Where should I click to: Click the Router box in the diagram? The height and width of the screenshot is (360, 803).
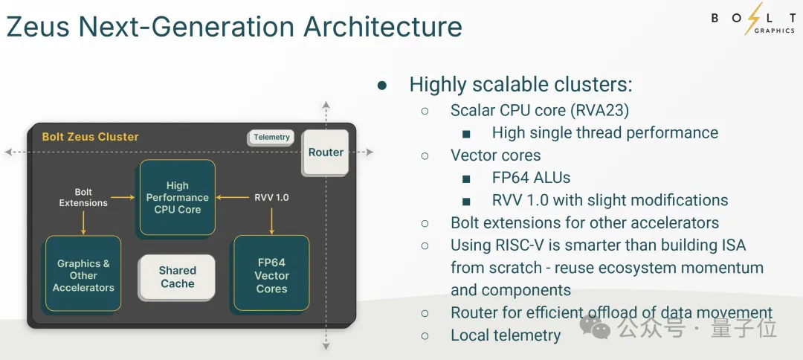coord(326,152)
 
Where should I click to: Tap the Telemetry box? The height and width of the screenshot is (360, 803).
coord(271,138)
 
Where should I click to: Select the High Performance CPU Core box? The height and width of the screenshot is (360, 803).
coord(177,197)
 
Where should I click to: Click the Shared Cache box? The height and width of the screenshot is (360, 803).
coord(177,277)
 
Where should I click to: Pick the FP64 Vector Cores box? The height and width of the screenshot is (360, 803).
coord(271,275)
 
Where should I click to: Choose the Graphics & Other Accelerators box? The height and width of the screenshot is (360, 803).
coord(83,275)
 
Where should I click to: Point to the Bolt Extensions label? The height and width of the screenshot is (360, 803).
coord(83,197)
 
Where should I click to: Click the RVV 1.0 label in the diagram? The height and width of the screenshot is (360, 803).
coord(271,197)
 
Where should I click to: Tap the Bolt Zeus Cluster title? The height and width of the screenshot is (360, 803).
coord(90,137)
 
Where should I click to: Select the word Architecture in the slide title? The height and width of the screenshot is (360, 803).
coord(382,27)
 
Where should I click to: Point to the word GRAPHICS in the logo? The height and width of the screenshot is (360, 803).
coord(774,31)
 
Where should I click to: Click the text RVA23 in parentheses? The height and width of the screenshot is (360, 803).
coord(599,111)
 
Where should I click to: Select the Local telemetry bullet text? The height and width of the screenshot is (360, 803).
coord(506,335)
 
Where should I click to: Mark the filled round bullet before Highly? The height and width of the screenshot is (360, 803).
coord(382,86)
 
